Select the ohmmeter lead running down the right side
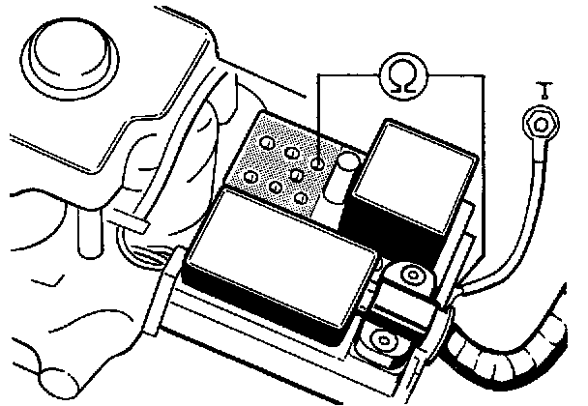pyautogui.click(x=481, y=174)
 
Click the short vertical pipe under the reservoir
pyautogui.click(x=86, y=232)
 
